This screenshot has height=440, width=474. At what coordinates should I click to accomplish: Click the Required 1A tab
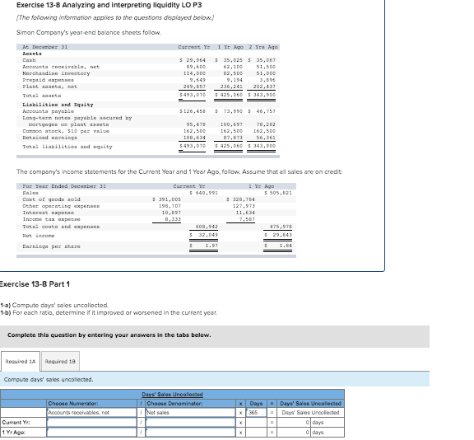coord(21,362)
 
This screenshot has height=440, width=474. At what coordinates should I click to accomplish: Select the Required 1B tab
coord(60,362)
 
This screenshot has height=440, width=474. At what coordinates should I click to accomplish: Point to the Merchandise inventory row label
coord(50,73)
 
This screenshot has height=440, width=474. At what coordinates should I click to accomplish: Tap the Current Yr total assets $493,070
coord(192,94)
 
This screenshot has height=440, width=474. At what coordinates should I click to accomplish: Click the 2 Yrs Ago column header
coord(263,47)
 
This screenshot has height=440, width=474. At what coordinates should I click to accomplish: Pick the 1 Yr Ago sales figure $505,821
coord(276,193)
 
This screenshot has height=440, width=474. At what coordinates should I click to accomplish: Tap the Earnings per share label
coord(50,246)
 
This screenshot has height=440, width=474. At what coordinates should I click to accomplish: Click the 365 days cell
coord(255,412)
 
